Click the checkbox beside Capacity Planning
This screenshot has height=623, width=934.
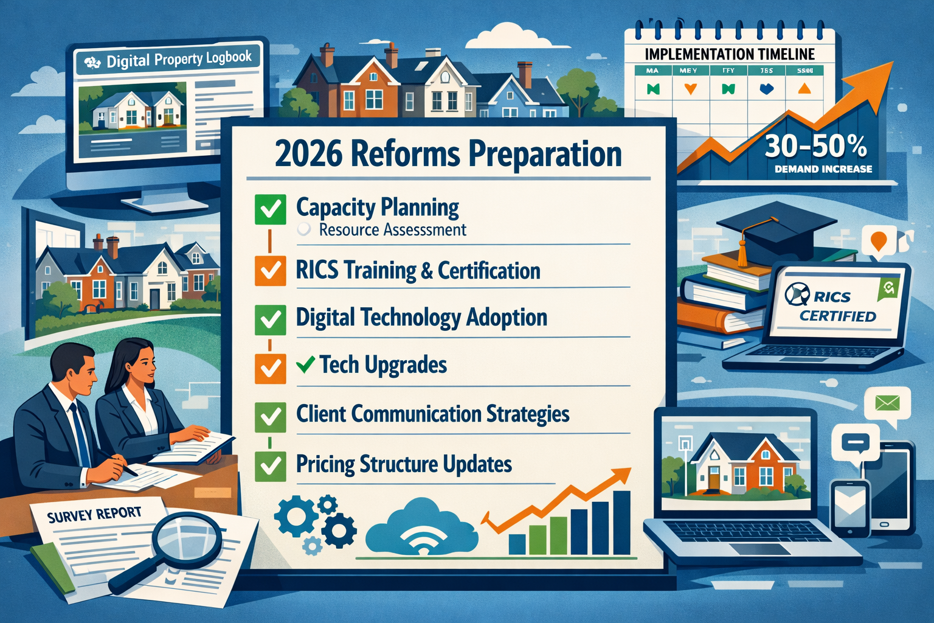pos(271,210)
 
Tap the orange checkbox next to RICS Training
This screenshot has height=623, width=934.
pos(271,270)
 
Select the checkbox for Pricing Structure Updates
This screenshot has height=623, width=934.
pos(271,465)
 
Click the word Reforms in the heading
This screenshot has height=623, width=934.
pos(405,154)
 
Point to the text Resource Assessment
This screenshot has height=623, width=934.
pos(392,230)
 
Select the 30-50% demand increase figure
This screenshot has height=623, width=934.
pos(815,147)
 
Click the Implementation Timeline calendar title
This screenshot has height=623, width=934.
pos(729,54)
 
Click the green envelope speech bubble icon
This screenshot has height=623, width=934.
pos(887,403)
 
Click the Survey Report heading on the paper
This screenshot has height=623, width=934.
pos(94,515)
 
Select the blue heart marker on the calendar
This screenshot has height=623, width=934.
pos(766,89)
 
